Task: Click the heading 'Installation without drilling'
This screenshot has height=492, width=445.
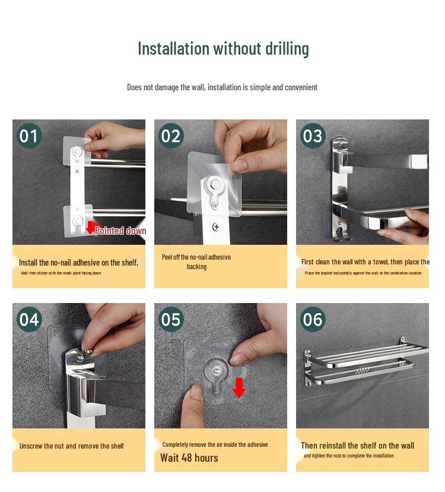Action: pos(223,48)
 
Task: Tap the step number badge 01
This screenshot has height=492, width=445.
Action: pos(28,136)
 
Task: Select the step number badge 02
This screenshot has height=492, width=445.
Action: pos(170,136)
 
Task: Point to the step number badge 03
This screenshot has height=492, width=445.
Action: pos(312,136)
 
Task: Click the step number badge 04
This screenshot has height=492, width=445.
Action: pos(28,320)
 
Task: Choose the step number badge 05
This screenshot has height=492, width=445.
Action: pos(170,320)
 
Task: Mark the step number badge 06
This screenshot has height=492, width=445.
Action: pos(312,320)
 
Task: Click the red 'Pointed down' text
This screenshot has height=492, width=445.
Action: pos(120,231)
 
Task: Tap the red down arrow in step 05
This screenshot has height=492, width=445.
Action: pos(239,387)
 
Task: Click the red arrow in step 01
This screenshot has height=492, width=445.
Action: pos(91,227)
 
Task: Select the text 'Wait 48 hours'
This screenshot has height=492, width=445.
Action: pos(189,458)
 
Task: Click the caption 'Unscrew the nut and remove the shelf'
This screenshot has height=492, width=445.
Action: pos(72,446)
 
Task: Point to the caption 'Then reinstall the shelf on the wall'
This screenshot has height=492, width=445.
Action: pos(357,446)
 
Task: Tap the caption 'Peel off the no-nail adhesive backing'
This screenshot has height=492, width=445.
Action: pos(196,261)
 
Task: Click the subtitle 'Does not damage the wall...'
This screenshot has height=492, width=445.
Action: pos(222,87)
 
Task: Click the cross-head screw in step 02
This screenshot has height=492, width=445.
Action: pos(215,227)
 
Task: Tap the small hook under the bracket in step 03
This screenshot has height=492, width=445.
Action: pos(338,236)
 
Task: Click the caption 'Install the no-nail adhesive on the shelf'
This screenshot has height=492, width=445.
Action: pos(78,262)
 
